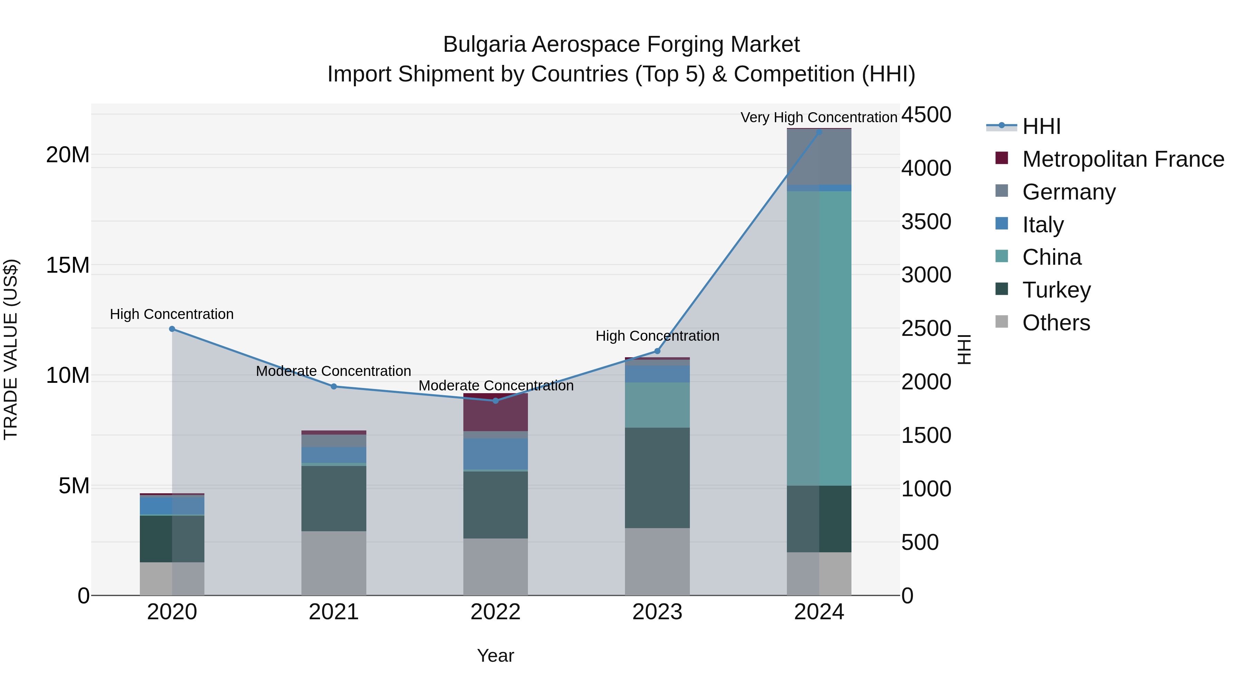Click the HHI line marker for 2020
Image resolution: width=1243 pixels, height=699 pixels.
coord(172,329)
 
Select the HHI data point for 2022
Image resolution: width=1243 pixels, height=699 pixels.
coord(495,401)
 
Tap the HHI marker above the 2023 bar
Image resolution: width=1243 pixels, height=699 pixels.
coord(657,351)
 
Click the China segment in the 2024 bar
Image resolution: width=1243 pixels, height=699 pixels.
coord(819,338)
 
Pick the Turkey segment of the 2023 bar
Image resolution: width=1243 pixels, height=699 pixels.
coord(657,478)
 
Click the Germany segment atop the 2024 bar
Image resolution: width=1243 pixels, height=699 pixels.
coord(819,157)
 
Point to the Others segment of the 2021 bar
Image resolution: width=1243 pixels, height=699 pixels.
coord(334,563)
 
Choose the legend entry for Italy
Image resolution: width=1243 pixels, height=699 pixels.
coord(1042,225)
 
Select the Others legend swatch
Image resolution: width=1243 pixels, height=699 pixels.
coord(1002,322)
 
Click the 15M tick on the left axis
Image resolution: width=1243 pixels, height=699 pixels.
coord(68,265)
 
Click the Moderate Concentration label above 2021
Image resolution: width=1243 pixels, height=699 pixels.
coord(334,371)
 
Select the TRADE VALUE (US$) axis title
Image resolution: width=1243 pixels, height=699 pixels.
coord(11,349)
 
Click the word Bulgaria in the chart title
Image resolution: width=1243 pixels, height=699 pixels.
coord(484,45)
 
